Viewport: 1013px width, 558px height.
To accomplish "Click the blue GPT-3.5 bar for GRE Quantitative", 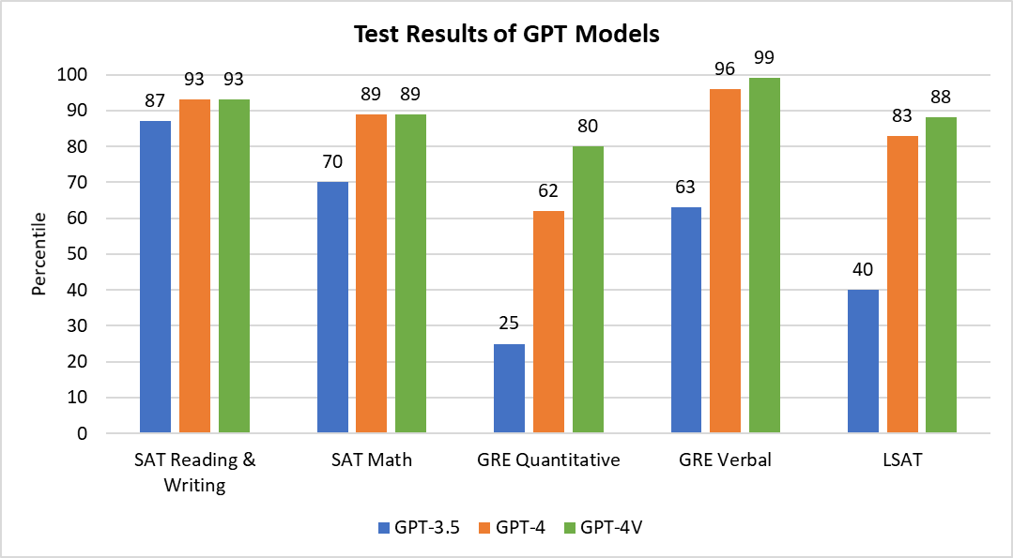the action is (509, 388).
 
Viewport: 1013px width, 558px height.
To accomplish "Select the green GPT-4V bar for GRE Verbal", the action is (764, 255).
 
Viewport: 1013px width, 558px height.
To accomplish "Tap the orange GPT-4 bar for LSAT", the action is (902, 284).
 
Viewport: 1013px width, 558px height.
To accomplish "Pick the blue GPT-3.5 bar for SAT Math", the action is (332, 308).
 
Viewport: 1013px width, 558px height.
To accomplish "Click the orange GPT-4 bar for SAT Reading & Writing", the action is (194, 266).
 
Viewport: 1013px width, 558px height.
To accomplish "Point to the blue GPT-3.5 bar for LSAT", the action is (863, 361).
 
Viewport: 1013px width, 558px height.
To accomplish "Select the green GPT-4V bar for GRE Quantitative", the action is (588, 290).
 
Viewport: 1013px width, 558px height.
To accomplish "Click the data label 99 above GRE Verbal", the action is (764, 59).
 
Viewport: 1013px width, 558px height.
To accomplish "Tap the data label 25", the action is (509, 323).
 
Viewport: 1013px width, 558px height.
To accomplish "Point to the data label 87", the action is (156, 100).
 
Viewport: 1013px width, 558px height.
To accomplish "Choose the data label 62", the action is (548, 191).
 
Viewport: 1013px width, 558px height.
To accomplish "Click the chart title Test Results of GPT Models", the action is (507, 34).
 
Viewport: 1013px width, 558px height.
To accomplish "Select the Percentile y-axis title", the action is (39, 253).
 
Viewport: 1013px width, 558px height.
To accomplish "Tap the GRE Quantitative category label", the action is (548, 460).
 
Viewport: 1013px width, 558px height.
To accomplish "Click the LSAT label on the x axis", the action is (902, 460).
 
